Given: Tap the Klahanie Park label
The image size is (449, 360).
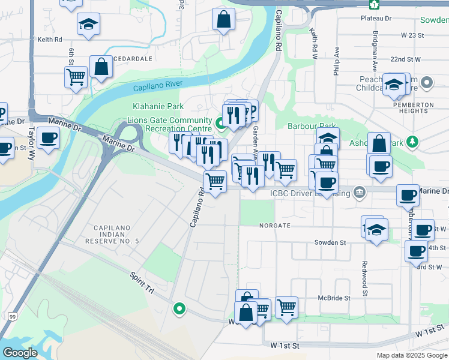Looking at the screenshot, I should pos(158,106).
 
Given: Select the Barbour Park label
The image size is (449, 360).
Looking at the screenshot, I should pos(312,127).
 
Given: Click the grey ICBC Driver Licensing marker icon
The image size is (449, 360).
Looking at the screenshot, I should pos(358,192).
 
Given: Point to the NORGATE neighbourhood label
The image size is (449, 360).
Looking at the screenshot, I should pos(275,226).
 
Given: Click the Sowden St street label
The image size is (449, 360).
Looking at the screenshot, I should pos(331,242).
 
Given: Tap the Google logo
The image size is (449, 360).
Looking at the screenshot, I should pos(20,352).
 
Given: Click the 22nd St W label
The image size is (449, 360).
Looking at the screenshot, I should pos(406,59).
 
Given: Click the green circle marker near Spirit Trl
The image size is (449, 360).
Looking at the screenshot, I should pos(179,309).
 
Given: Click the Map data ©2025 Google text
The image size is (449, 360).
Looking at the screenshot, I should pos(411,355).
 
